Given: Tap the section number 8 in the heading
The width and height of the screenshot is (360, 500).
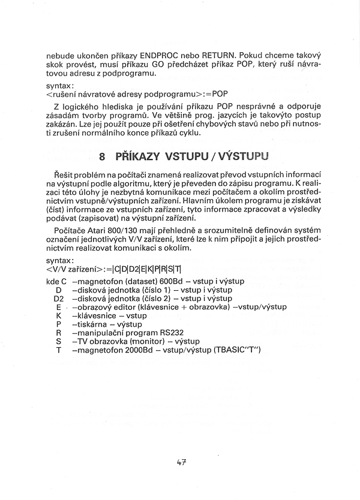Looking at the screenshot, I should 103,157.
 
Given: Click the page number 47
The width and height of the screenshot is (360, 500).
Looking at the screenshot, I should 182,463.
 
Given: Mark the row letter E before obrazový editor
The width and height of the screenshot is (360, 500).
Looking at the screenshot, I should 59,306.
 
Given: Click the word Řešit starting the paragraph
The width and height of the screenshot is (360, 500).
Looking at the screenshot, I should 63,174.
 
